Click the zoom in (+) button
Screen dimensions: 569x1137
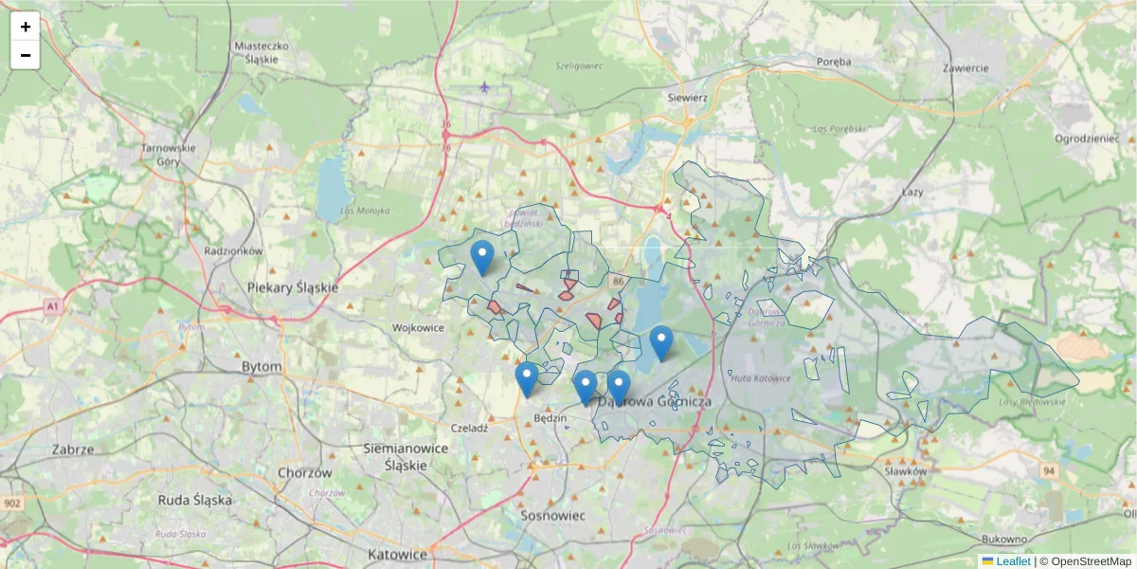click(x=26, y=27)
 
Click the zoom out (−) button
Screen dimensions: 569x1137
click(x=26, y=55)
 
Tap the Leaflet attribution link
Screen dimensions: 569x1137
click(x=1013, y=561)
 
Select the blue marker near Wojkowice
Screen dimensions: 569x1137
click(x=482, y=257)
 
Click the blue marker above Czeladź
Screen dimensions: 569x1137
click(x=527, y=378)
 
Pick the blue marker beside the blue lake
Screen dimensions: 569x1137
click(x=661, y=342)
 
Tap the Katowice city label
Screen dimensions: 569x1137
click(x=398, y=554)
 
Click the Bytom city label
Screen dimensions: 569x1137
click(x=262, y=366)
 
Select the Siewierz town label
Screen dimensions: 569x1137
click(x=688, y=97)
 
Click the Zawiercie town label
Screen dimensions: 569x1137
click(x=966, y=67)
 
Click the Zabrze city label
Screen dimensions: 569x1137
click(x=73, y=450)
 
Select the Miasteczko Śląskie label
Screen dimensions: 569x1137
click(x=261, y=52)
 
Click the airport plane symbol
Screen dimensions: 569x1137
click(x=485, y=88)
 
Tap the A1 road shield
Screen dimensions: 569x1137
click(x=52, y=306)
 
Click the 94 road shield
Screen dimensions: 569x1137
click(x=1049, y=470)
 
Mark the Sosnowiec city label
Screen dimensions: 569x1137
click(x=554, y=515)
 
